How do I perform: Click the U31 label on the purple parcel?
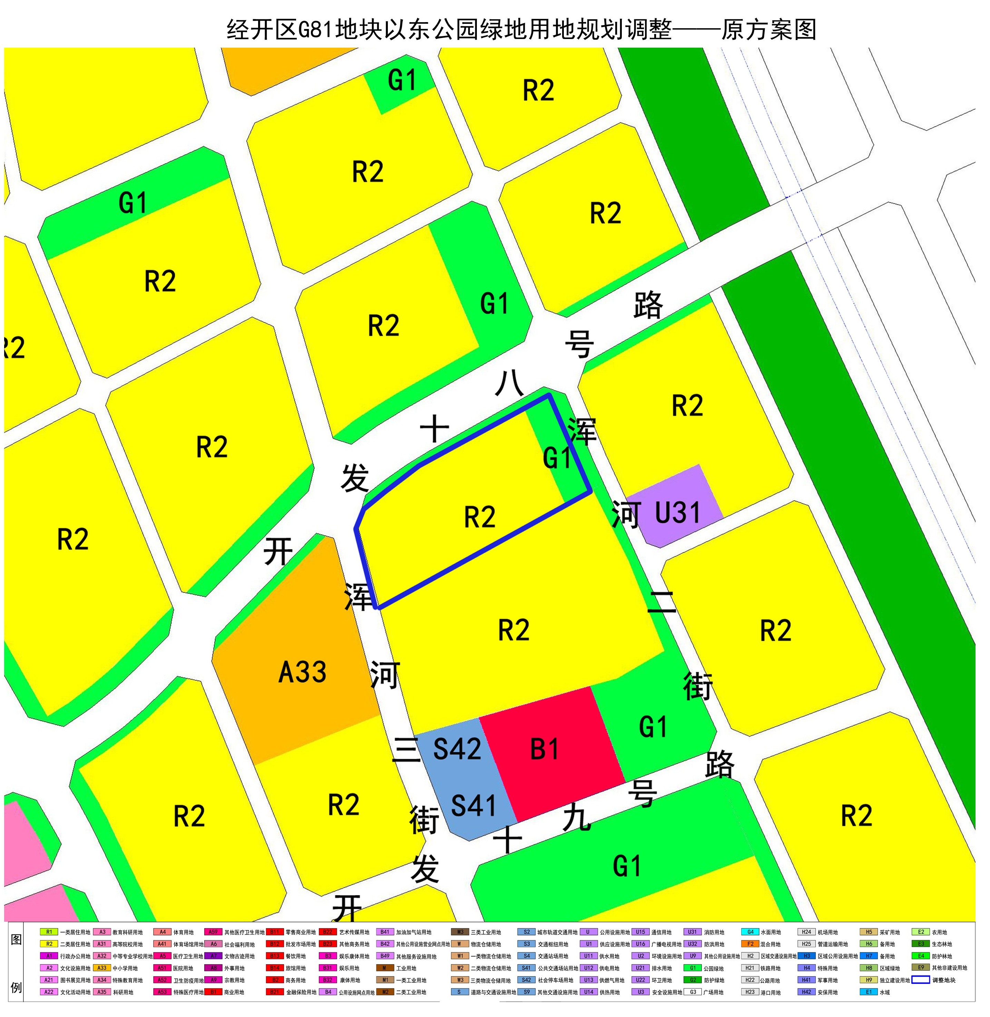[677, 513]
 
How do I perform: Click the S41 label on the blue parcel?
[473, 806]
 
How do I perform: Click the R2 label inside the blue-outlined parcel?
[479, 517]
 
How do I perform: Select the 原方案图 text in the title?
[768, 30]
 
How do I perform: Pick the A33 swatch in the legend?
[102, 968]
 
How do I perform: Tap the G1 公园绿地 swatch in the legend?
[693, 968]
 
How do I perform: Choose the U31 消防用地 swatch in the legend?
[693, 932]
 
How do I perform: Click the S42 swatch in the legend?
[527, 980]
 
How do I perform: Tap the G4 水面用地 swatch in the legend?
[750, 932]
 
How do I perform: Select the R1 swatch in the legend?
[49, 932]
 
